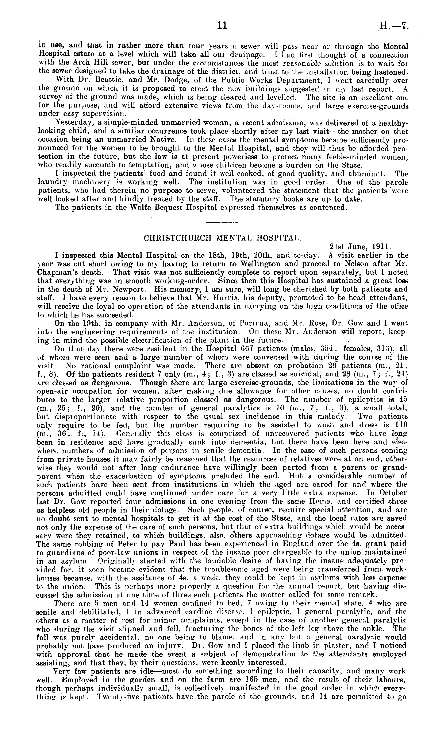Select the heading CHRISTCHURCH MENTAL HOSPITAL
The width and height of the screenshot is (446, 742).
222,238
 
